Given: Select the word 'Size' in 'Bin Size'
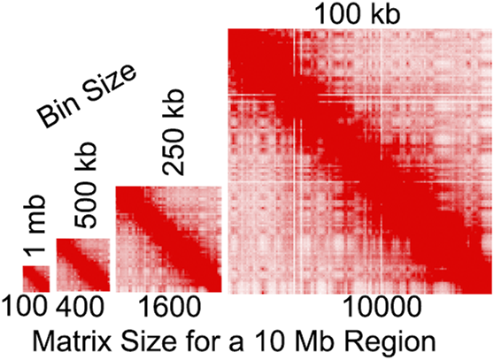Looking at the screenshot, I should click(109, 86).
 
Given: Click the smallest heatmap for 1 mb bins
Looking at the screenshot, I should click(35, 278).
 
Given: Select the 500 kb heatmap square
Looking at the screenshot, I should click(83, 265).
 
